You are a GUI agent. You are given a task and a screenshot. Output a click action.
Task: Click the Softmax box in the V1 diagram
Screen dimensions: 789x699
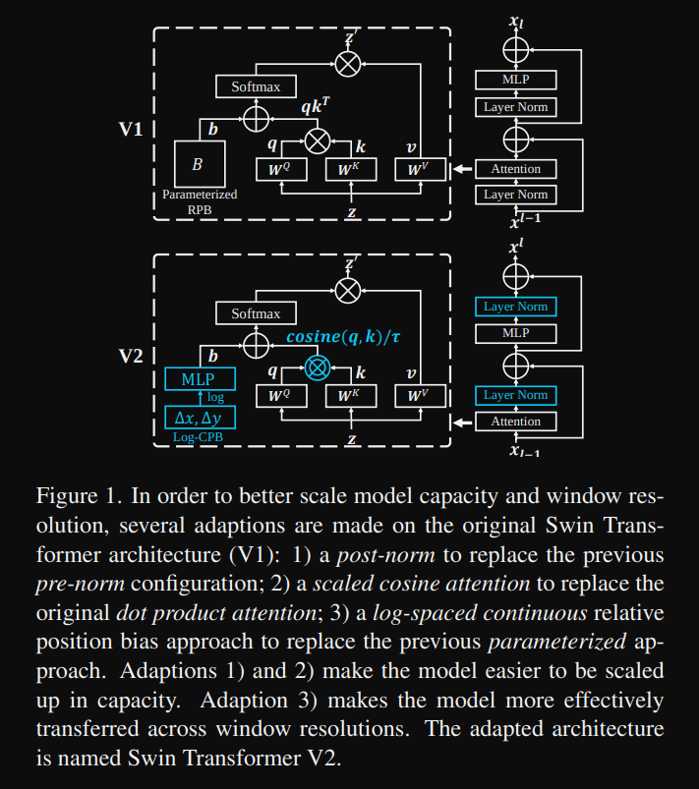click(256, 86)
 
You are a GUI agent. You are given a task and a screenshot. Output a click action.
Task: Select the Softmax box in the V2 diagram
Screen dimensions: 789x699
click(256, 313)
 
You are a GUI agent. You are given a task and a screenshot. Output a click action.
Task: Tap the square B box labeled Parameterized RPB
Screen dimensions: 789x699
click(200, 164)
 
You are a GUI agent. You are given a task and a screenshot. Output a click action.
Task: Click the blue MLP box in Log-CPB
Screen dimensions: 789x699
click(200, 379)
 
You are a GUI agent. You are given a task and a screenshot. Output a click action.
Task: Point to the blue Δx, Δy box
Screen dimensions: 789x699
click(200, 418)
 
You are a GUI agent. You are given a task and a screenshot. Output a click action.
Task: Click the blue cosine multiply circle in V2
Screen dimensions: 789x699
click(316, 367)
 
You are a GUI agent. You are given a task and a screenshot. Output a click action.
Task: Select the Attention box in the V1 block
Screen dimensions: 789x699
click(515, 169)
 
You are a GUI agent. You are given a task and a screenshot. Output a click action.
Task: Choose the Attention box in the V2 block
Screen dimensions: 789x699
click(515, 422)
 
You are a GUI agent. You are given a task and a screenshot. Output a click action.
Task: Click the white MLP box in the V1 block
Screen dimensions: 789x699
click(515, 80)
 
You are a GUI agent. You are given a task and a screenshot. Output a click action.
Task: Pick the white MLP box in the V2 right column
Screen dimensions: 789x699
click(515, 333)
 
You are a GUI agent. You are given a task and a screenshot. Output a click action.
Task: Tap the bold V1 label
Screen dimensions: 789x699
click(133, 129)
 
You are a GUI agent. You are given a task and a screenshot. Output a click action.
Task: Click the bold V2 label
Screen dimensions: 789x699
click(133, 355)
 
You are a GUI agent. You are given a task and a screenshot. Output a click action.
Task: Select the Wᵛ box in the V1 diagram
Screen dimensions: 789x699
click(421, 169)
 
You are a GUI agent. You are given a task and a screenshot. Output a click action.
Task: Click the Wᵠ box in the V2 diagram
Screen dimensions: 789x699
click(280, 396)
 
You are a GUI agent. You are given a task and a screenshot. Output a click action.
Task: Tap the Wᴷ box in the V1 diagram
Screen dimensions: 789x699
click(349, 169)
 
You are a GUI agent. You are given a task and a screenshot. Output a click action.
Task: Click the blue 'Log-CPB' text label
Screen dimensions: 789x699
click(198, 438)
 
